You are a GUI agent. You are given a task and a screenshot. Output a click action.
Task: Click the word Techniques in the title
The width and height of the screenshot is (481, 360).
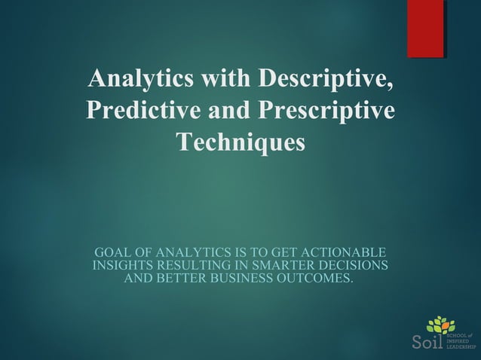click(x=240, y=142)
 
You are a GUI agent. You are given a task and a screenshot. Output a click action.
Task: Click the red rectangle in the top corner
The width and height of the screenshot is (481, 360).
click(x=425, y=29)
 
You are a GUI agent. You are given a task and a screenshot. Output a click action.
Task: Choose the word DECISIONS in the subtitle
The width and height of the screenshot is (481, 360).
click(x=353, y=266)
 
